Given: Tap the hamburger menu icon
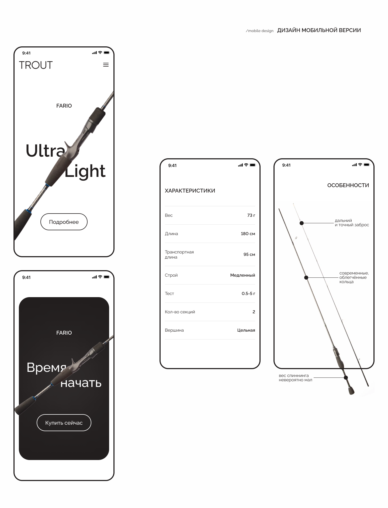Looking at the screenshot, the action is pos(106,65).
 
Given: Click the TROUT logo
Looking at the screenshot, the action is pos(36,65).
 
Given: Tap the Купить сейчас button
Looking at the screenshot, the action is pos(64,423).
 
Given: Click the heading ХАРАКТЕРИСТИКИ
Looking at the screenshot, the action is pos(190,191).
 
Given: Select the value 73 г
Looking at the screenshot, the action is pos(251,215).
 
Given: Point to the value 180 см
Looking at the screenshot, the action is pos(248,234).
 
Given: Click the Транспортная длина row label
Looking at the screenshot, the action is pos(179,255).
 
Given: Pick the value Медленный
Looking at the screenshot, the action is pos(242,275).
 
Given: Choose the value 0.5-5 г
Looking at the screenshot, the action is pos(248,293).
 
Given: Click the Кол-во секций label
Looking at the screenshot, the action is pos(180,312).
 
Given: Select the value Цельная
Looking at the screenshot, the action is pos(246,330).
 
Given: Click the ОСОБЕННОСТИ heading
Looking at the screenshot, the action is pos(348,185).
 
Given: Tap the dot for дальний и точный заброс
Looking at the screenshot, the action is pos(302,223).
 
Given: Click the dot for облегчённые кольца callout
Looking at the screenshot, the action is pos(306,277).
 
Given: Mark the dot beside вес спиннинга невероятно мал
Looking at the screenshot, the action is pos(346,377).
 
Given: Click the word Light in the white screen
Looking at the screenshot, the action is pos(85,171).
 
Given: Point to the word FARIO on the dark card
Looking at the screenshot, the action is pos(64,333).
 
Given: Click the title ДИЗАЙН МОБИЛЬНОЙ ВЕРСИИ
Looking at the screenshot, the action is pos(319,30).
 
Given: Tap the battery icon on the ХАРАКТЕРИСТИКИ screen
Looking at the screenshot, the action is pos(253,165).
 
